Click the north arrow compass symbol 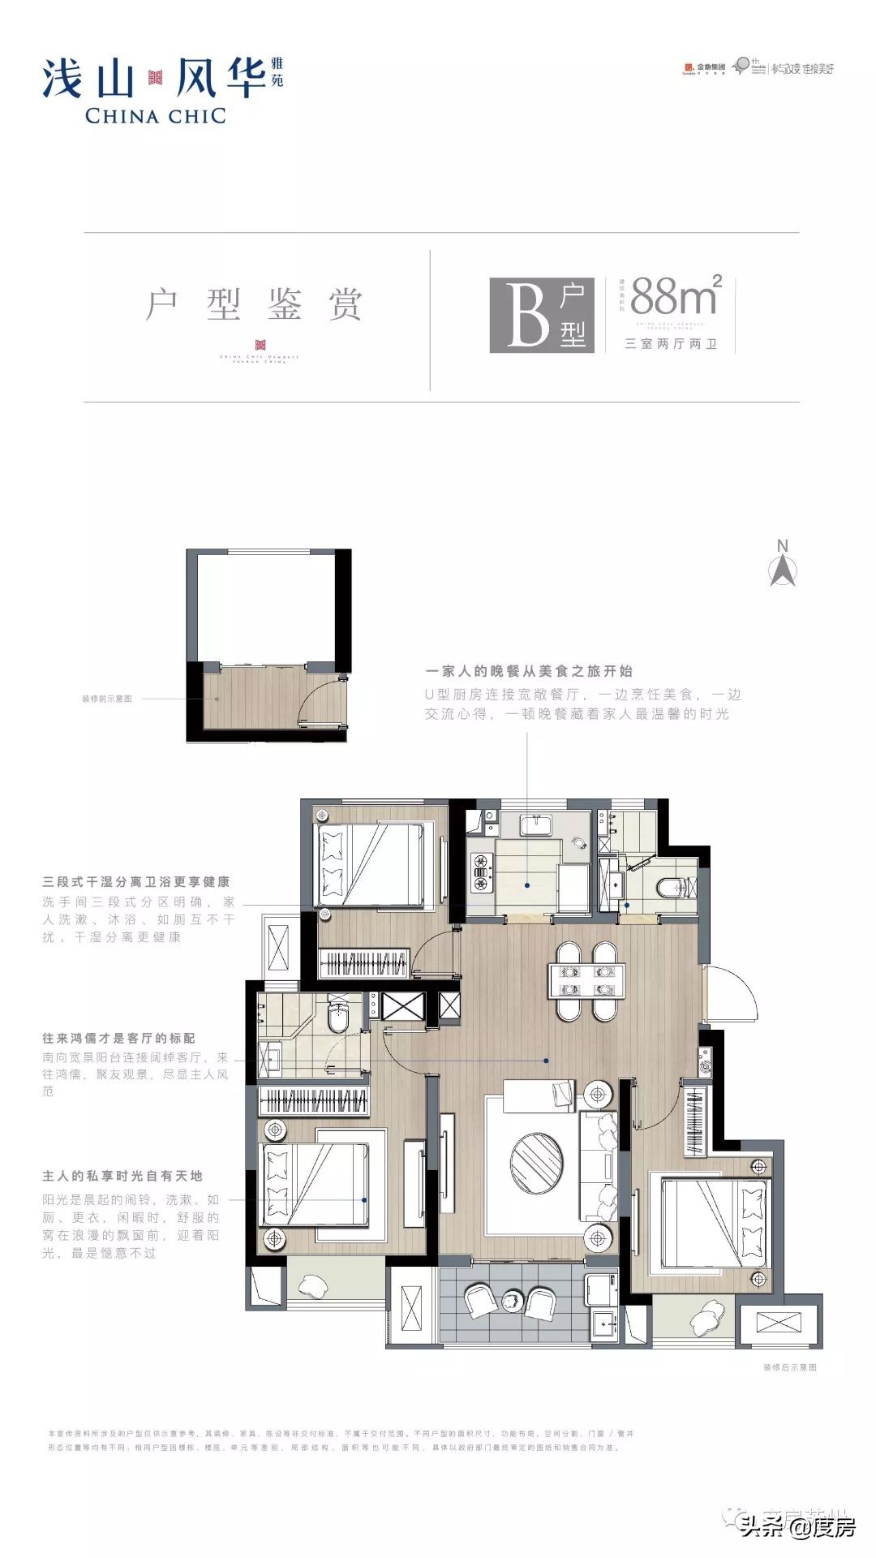click(x=783, y=564)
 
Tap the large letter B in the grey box click(x=527, y=315)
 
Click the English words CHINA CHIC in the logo click(x=155, y=116)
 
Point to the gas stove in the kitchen click(x=481, y=871)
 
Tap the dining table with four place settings click(x=586, y=980)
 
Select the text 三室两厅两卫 click(x=671, y=344)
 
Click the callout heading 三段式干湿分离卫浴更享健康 click(x=136, y=882)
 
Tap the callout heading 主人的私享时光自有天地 click(x=122, y=1176)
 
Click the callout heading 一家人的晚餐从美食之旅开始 click(x=529, y=671)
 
